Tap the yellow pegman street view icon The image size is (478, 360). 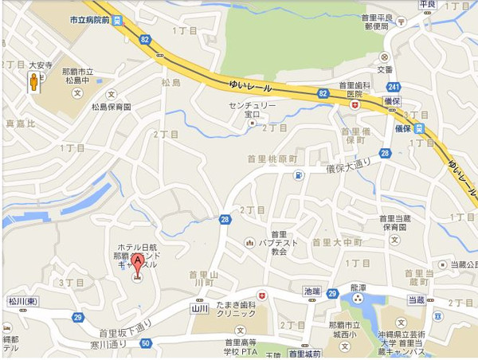point(35,83)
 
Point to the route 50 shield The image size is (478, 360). point(144,343)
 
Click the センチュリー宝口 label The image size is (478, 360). point(253,110)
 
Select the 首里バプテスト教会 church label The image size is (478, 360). point(278,242)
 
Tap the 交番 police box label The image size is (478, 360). point(386,68)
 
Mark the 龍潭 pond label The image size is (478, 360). point(357,284)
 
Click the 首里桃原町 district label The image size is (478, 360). point(271,158)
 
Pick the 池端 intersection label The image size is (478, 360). point(311,292)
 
